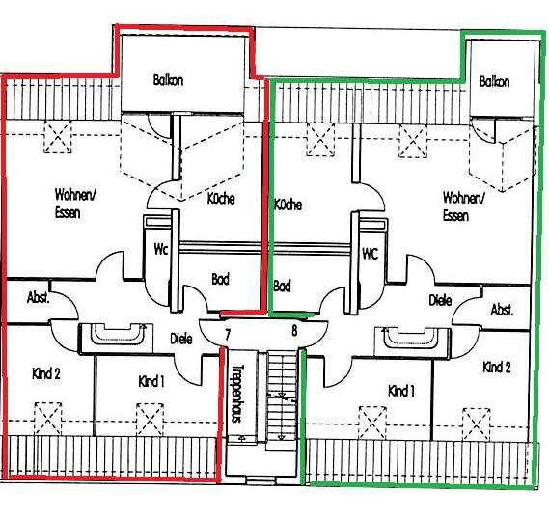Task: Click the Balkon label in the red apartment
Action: tap(168, 80)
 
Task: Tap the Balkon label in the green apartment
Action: tap(494, 82)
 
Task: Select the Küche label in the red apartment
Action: tap(221, 199)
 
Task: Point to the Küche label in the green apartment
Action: tap(288, 205)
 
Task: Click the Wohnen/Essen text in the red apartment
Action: tap(75, 204)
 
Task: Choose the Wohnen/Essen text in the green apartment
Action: tap(464, 206)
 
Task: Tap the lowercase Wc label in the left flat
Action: tap(161, 250)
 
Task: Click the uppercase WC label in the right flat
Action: tap(371, 253)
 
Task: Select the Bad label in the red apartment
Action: tap(221, 279)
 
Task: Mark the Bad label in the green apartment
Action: tap(282, 286)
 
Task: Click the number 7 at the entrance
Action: tap(228, 335)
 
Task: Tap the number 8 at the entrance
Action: tap(294, 330)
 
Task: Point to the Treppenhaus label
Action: tap(237, 394)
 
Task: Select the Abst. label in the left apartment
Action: tap(39, 298)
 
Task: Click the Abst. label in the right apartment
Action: tap(502, 310)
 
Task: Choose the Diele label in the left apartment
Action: tap(181, 339)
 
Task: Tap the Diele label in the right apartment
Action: tap(440, 300)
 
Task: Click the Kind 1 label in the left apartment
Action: tap(151, 382)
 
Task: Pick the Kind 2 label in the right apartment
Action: tap(497, 368)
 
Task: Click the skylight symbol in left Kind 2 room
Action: tap(48, 419)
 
